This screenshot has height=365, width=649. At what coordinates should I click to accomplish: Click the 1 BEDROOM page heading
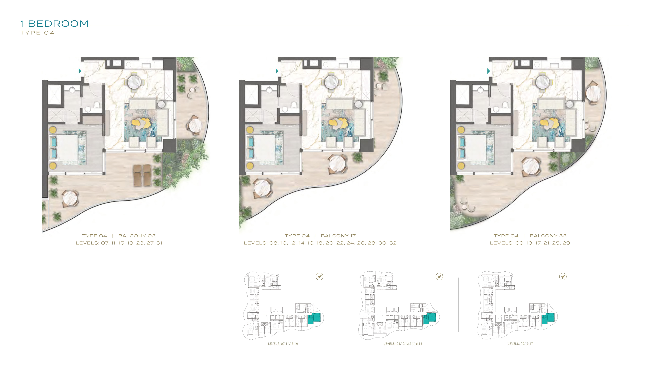[54, 24]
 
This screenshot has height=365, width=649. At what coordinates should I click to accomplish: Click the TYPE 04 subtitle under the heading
[37, 33]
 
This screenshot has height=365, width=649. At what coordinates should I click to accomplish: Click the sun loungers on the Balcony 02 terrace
[142, 175]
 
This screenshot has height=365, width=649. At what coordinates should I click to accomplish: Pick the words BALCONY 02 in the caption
[137, 236]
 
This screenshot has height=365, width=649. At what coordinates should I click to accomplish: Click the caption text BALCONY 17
[338, 236]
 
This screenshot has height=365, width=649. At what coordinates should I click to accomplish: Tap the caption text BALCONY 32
[548, 236]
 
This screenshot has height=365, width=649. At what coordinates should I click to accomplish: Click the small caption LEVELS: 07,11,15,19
[283, 344]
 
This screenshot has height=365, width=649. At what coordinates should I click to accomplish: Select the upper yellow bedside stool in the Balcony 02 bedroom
[53, 130]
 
